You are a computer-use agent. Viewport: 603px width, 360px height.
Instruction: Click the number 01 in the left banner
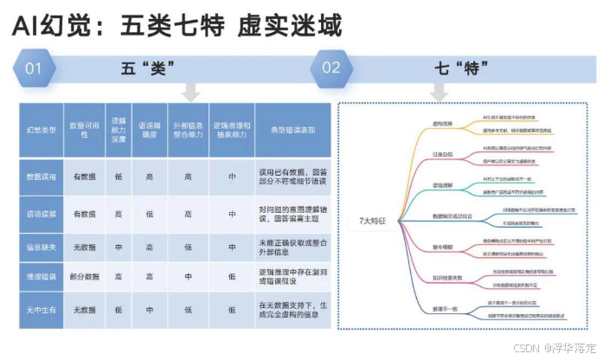34,67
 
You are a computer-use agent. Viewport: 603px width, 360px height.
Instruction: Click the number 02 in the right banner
330,67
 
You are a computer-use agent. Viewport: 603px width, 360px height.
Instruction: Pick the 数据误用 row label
42,176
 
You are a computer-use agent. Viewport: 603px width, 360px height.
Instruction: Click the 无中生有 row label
42,309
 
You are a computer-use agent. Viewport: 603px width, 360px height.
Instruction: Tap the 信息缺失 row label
42,247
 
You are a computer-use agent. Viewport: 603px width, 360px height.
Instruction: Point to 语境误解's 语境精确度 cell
151,213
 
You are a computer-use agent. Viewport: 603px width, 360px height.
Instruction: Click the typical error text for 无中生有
292,310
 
